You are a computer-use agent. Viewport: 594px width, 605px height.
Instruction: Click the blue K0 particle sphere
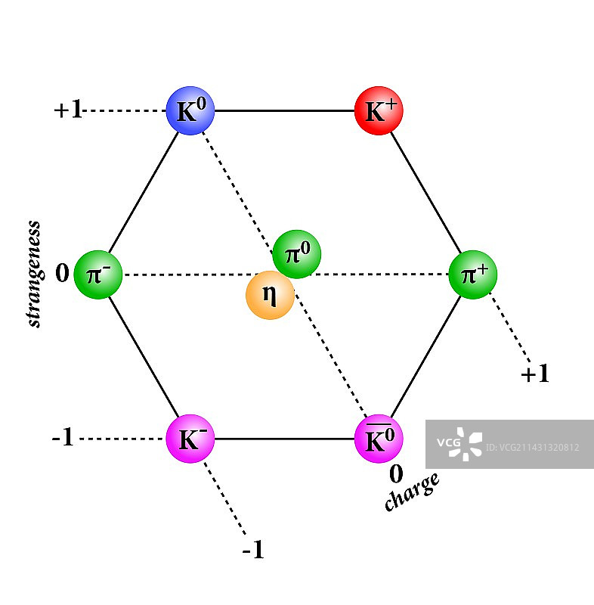click(190, 111)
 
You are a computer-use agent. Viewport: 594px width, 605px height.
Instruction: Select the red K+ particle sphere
click(379, 111)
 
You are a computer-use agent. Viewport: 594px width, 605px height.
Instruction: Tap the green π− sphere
click(99, 274)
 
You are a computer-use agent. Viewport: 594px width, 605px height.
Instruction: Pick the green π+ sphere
click(473, 274)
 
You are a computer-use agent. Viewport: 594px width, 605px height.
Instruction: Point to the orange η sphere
click(270, 295)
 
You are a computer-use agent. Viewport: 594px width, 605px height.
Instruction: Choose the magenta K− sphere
click(190, 439)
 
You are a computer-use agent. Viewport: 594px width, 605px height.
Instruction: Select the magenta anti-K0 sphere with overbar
click(379, 439)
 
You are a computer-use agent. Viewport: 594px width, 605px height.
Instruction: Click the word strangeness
click(34, 274)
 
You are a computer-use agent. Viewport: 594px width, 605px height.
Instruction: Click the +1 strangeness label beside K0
click(68, 110)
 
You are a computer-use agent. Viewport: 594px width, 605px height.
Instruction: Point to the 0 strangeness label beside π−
click(62, 273)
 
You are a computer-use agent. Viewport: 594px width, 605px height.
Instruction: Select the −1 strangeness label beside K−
click(63, 438)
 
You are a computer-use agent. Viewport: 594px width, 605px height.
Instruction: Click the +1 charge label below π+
click(535, 374)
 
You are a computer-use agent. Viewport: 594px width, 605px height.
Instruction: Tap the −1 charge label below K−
click(253, 551)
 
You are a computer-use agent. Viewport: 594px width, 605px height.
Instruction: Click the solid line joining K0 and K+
click(284, 111)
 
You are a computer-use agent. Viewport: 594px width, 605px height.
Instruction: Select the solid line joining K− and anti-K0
click(284, 439)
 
